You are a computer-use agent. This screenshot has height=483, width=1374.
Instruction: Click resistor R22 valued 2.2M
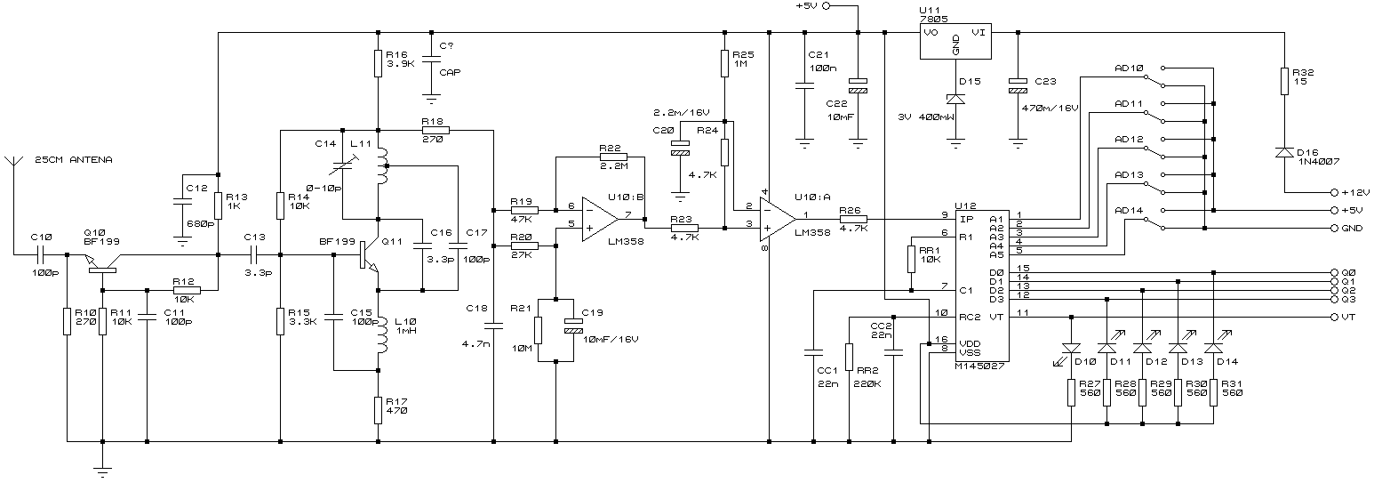[x=613, y=157]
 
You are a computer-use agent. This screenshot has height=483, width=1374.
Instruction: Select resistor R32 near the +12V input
[x=1283, y=81]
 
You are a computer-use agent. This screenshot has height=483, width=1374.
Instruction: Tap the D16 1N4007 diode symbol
[x=1283, y=152]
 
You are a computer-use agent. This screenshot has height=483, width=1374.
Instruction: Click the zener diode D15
[x=955, y=99]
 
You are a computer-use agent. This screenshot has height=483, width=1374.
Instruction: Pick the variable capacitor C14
[x=342, y=165]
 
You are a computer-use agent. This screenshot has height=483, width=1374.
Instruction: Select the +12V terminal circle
[x=1334, y=192]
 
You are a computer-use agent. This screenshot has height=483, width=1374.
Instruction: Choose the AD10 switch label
[x=1130, y=68]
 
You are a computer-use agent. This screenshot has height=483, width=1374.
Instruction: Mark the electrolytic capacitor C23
[x=1018, y=86]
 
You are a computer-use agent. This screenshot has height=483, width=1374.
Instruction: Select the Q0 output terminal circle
[x=1334, y=272]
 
